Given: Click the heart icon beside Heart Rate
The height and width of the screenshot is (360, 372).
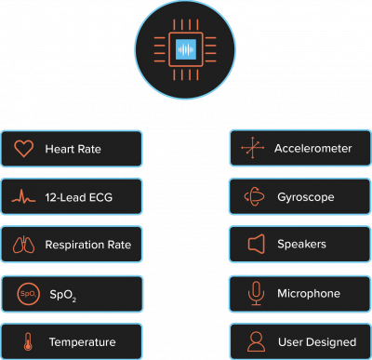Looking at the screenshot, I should pos(25,148).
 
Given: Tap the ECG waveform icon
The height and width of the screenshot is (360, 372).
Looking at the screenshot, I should pos(25,197).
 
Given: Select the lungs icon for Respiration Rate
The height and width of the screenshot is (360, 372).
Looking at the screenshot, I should pos(25,246).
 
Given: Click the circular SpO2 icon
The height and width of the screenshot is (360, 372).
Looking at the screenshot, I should pos(26,294).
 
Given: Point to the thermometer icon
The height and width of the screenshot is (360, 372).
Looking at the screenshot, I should pos(25,341).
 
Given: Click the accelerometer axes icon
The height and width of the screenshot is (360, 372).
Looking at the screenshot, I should pos(253,148).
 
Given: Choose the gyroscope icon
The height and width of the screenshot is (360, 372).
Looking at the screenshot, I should pos(253,197).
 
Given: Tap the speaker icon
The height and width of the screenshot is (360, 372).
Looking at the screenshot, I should pos(253,246).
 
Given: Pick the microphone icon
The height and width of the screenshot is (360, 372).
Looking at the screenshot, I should pos(253,294).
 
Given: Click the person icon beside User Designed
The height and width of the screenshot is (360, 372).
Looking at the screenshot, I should pos(253,341).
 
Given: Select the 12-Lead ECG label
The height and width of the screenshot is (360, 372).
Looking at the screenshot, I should pos(81,197).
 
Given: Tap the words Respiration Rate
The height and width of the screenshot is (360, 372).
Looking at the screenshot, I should pos(88,246).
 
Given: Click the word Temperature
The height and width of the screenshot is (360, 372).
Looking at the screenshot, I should pos(81,342).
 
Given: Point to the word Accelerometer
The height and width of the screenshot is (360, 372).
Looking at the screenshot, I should pos(312,149).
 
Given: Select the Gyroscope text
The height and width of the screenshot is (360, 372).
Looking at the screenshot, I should pos(305,197).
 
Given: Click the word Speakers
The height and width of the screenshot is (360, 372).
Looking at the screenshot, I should pos(302,246).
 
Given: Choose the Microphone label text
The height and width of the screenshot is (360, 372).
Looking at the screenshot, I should pos(308,294).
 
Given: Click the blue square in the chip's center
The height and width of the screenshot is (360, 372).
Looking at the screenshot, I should pos(186,48).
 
